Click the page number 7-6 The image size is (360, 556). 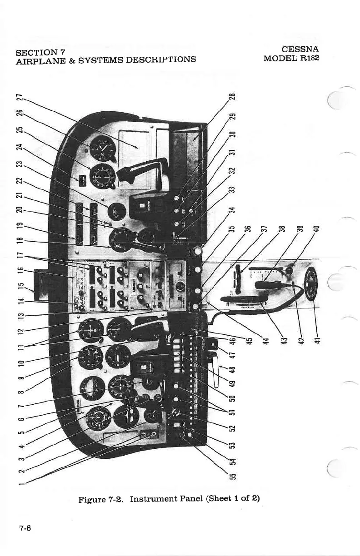(x=25, y=528)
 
